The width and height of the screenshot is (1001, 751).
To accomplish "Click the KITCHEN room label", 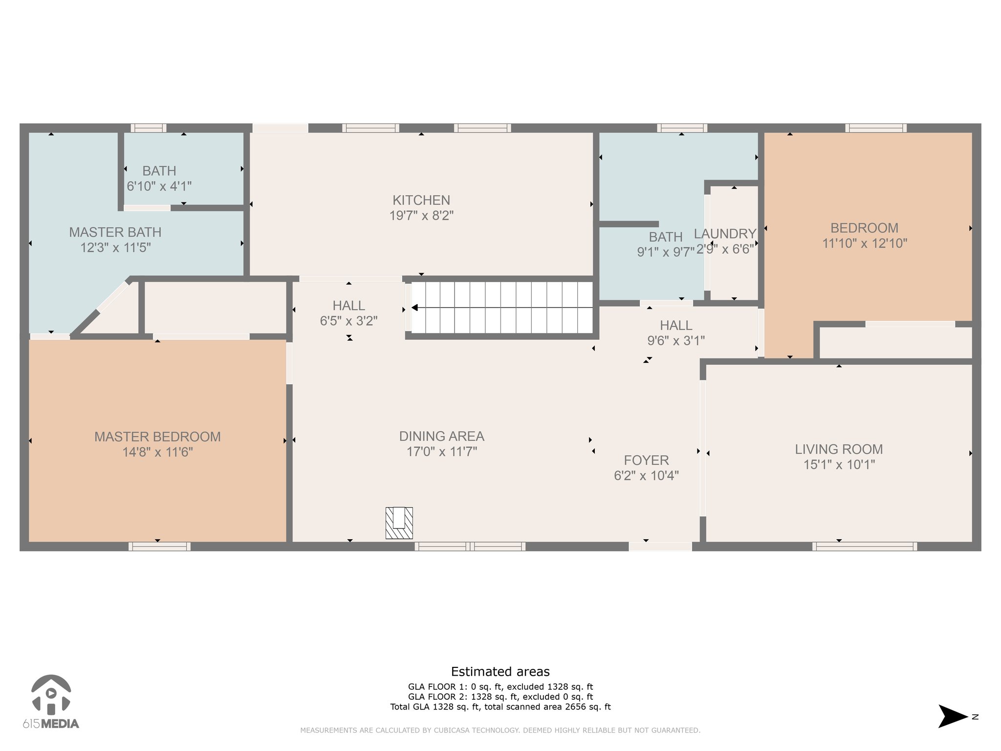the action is [x=421, y=200].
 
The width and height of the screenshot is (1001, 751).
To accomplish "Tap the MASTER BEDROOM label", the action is [x=157, y=437].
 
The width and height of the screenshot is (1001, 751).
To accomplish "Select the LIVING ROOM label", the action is [x=839, y=449].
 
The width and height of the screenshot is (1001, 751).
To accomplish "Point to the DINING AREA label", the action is [x=442, y=436].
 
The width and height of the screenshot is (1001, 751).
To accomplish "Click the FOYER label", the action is [x=646, y=460].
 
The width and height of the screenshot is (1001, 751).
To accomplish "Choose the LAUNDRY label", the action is [x=725, y=234].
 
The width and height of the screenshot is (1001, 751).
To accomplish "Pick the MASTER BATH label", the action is [x=115, y=232].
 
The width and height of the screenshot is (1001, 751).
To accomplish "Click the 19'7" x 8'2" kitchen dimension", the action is [x=421, y=216].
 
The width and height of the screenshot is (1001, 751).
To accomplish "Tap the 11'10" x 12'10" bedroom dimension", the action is [x=865, y=243].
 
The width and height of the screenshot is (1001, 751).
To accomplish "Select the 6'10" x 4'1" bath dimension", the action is [x=159, y=186].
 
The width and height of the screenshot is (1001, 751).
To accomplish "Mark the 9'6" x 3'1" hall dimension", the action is [x=676, y=341].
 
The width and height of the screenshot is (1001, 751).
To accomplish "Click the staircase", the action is [x=502, y=308].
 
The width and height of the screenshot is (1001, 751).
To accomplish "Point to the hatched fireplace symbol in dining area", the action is [x=399, y=523].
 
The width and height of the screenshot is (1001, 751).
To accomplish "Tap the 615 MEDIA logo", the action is [x=51, y=702].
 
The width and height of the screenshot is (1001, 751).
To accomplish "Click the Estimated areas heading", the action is [x=500, y=672].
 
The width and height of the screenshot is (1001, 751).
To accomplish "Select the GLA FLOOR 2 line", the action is [x=500, y=697].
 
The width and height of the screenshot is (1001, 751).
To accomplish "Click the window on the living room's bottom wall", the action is [x=865, y=546].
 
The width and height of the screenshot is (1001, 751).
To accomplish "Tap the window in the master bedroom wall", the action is [x=159, y=546].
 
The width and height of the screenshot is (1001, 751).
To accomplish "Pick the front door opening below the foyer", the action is [x=660, y=546].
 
